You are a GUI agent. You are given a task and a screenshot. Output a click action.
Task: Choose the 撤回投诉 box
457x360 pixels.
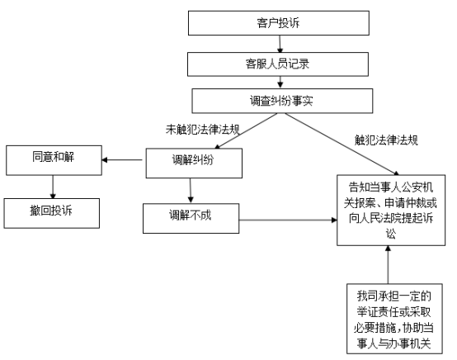pyautogui.click(x=53, y=211)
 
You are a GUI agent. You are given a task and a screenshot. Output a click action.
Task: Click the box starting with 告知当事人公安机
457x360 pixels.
pyautogui.click(x=388, y=210)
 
